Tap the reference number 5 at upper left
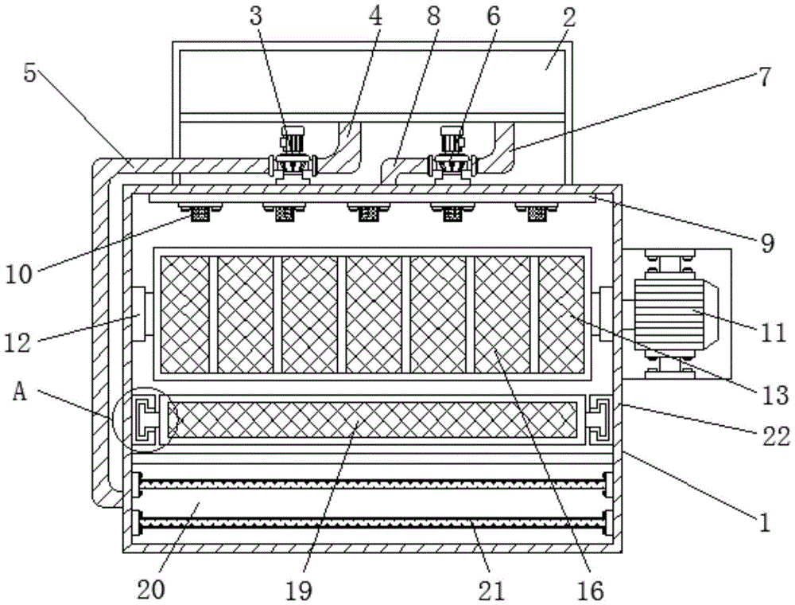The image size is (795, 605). (x=29, y=73)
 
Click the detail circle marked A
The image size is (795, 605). (x=142, y=419)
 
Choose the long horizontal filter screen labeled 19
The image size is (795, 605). (x=372, y=420)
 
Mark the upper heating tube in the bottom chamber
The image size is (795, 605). (x=372, y=482)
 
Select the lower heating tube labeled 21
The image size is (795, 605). (x=372, y=522)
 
